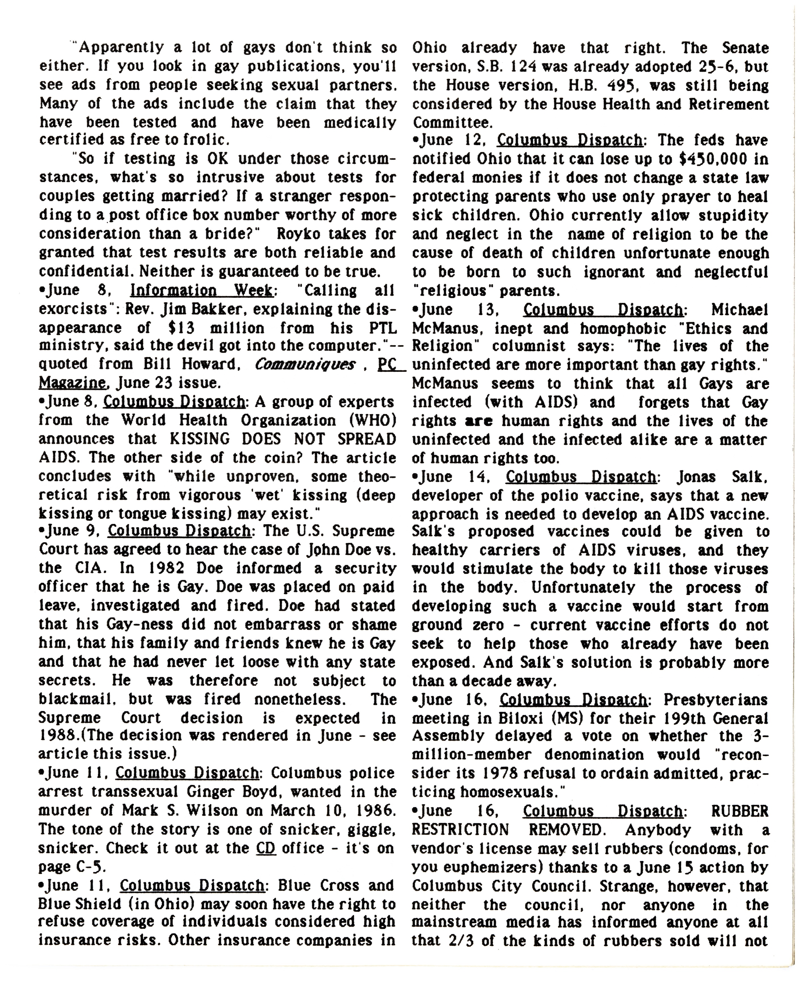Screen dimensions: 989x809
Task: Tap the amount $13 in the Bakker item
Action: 180,328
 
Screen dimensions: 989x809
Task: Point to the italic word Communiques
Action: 305,364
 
